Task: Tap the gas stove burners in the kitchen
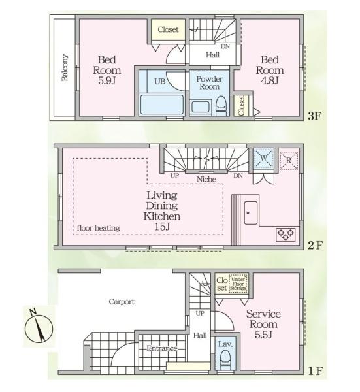(286, 235)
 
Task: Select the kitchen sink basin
(251, 213)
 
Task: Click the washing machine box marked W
(263, 158)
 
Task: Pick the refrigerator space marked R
(289, 161)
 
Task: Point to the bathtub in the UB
(162, 105)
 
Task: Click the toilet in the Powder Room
(221, 106)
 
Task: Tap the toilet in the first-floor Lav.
(226, 360)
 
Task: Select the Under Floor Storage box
(238, 284)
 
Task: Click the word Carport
(122, 302)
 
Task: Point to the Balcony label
(65, 67)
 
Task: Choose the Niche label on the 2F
(206, 179)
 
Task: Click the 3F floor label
(314, 116)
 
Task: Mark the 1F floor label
(316, 371)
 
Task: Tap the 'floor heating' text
(99, 228)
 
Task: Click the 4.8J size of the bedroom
(269, 81)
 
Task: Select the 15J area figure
(162, 227)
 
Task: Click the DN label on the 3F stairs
(225, 46)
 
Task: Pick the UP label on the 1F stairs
(200, 313)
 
